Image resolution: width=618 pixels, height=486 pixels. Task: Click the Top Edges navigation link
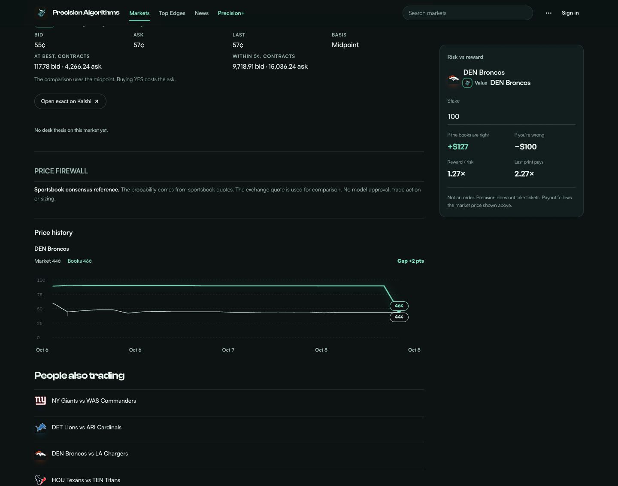point(172,13)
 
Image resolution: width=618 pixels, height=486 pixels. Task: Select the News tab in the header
point(202,13)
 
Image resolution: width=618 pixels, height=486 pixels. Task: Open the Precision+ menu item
point(231,13)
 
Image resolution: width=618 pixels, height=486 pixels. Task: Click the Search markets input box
point(467,13)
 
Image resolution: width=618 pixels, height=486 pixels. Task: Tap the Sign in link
point(570,13)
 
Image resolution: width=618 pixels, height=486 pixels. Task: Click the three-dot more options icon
point(548,13)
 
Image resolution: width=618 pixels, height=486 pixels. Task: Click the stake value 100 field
point(511,116)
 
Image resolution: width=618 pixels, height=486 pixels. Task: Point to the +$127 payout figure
point(458,147)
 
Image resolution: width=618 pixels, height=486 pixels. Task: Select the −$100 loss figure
point(526,147)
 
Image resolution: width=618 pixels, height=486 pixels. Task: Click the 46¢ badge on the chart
point(399,306)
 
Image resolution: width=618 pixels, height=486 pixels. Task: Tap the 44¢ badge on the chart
point(399,317)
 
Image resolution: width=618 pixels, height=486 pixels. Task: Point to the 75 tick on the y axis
point(39,295)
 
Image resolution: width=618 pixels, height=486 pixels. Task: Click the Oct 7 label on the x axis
point(228,350)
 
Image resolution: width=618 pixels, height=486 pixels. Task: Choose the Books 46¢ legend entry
point(79,261)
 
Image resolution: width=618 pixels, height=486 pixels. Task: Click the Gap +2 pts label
point(410,261)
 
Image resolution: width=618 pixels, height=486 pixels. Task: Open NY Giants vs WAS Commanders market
point(94,401)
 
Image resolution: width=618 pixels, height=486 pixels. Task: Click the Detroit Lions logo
point(40,427)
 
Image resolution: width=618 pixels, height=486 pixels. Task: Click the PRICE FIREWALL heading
point(61,171)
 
